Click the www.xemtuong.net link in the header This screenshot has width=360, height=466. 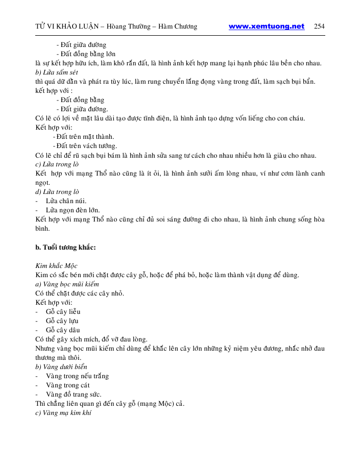[x=266, y=27]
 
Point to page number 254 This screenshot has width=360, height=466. [x=320, y=27]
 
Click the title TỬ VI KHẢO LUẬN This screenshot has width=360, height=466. [x=67, y=27]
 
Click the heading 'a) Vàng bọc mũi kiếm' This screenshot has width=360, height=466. [x=67, y=284]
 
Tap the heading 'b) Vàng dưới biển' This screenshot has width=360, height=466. [x=61, y=367]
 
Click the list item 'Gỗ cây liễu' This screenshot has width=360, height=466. [x=63, y=312]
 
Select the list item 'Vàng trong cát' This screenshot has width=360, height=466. [x=67, y=385]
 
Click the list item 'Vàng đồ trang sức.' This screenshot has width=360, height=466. [x=74, y=395]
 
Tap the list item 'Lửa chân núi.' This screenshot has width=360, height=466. [x=66, y=201]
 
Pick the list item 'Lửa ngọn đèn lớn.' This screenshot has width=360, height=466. [x=73, y=210]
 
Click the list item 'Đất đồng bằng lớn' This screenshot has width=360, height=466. [x=88, y=54]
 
